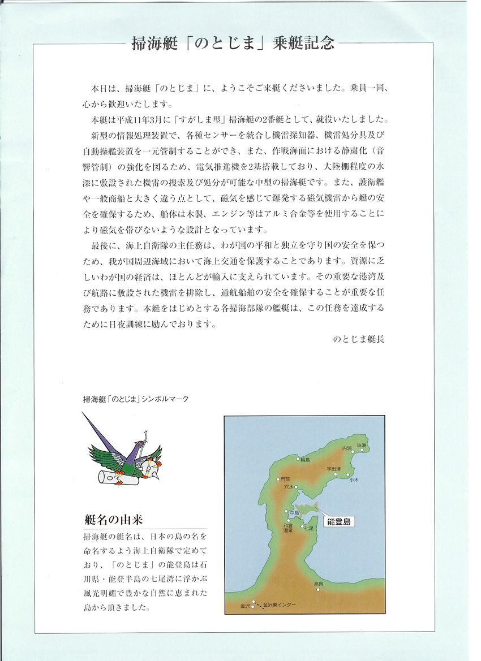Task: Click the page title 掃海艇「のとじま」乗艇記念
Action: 240,44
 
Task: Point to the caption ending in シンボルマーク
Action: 135,399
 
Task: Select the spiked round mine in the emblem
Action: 154,466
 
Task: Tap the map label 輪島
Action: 305,460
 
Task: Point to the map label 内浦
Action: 347,448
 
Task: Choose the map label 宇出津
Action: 334,469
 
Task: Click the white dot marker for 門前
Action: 278,479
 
